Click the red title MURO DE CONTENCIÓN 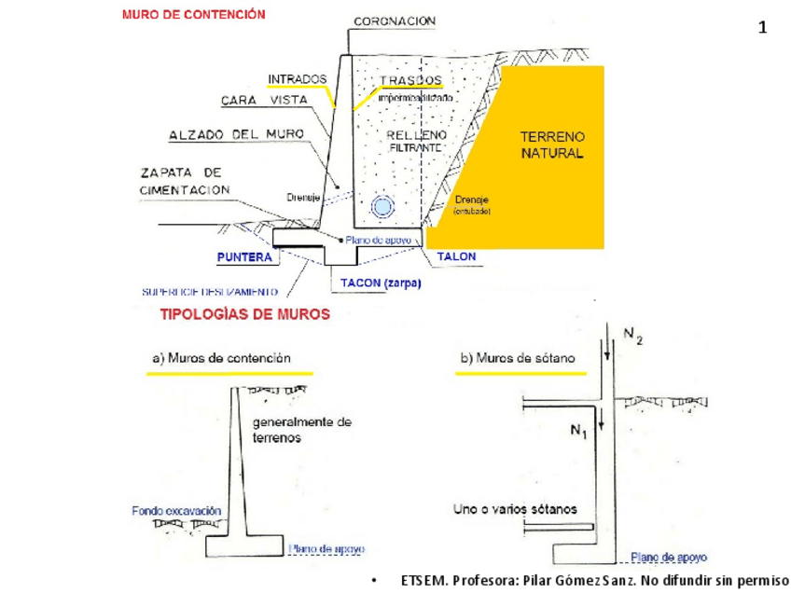[193, 15]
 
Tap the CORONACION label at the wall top [395, 21]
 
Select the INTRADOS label [297, 78]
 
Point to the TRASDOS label [411, 80]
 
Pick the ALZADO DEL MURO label [236, 135]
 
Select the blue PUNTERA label [244, 256]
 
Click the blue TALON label [456, 256]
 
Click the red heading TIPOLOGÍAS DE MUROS [245, 315]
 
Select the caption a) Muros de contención [221, 358]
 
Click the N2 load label [633, 338]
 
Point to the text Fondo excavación [176, 511]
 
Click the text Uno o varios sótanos [515, 509]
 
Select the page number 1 [762, 28]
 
